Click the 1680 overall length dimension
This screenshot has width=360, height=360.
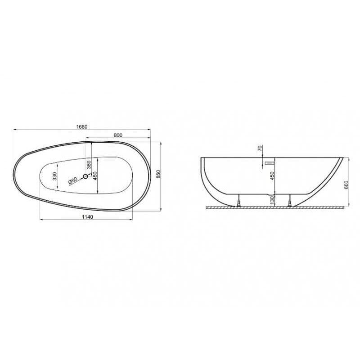point(82,127)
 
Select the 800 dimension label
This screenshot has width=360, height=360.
point(118,135)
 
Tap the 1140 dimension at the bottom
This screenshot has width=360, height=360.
point(87,217)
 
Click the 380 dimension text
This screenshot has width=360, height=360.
point(89,165)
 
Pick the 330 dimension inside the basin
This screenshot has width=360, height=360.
point(54,176)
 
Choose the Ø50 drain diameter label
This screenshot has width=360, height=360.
point(72,181)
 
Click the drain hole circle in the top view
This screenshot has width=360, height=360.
point(85,176)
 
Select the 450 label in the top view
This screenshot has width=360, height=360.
point(95,176)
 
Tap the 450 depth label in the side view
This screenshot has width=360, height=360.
point(272,176)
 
